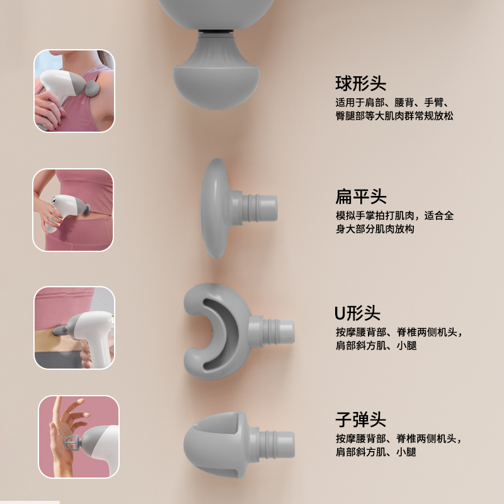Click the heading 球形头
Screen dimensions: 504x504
360,84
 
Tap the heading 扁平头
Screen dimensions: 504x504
360,197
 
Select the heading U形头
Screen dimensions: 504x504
357,313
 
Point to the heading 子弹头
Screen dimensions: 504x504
360,420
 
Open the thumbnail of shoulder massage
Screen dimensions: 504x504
74,91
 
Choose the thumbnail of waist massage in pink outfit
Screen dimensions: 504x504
73,210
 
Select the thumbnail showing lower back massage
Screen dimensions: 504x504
74,328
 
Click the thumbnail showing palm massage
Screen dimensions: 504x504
79,437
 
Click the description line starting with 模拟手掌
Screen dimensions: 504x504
395,215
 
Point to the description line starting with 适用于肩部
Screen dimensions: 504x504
392,103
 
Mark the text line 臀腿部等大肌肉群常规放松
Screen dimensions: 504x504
394,116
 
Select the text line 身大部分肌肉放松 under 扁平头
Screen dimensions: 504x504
375,229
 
